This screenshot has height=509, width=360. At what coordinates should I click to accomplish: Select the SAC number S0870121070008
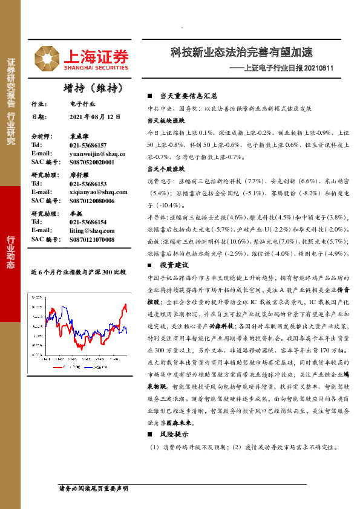tap(97, 239)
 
